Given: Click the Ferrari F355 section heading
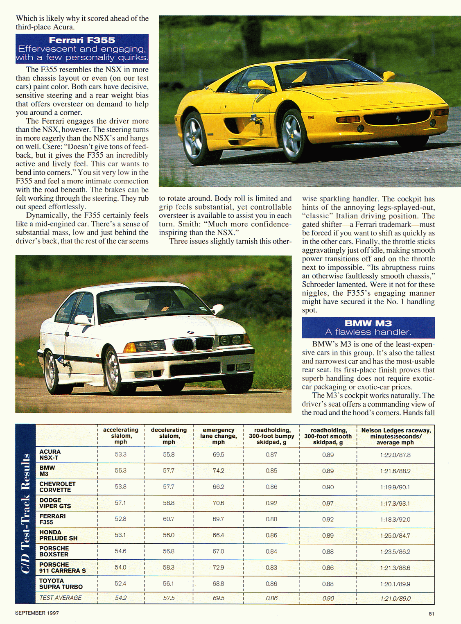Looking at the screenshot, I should (x=82, y=40).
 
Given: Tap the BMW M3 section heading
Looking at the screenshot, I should (x=368, y=323).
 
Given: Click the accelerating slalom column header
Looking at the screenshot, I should (x=120, y=436).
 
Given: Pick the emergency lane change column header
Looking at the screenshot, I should (x=218, y=436).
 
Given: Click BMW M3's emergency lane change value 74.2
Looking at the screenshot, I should (x=218, y=470).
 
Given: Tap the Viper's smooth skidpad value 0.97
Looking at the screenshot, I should (x=328, y=503).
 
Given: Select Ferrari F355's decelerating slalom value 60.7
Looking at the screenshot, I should (x=169, y=519).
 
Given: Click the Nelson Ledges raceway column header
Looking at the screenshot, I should (x=395, y=436).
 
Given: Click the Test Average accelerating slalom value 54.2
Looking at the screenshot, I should (x=121, y=598).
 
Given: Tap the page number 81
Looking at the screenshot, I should (x=432, y=613).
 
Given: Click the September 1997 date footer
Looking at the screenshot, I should (x=37, y=613).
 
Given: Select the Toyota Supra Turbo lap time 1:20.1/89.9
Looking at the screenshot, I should (x=395, y=584).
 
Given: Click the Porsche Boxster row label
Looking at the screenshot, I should (x=54, y=551).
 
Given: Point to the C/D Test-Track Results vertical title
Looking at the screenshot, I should (x=25, y=513).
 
